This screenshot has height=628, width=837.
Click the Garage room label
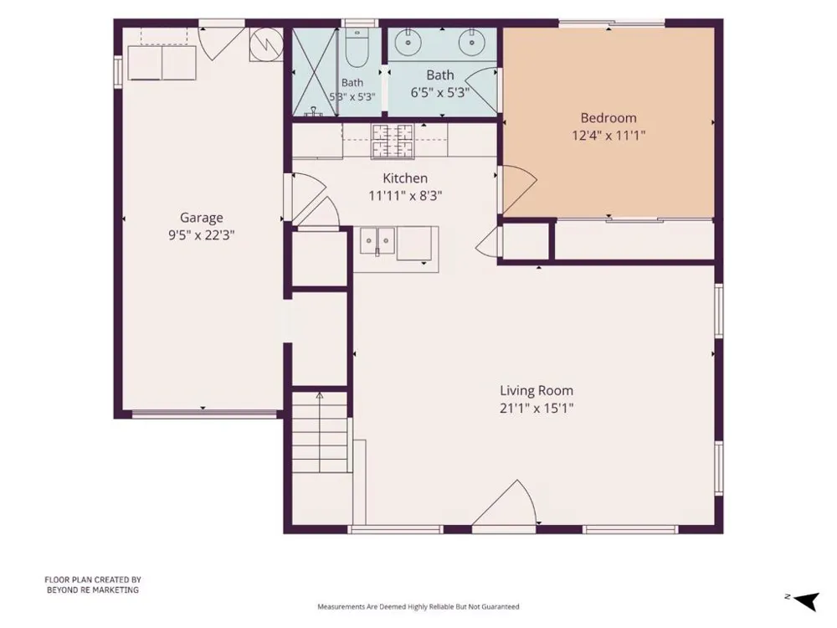pyautogui.click(x=201, y=218)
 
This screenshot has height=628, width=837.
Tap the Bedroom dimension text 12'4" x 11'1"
pyautogui.click(x=608, y=135)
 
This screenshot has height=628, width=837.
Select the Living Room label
pyautogui.click(x=537, y=391)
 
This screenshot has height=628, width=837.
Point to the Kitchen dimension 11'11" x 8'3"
pyautogui.click(x=405, y=196)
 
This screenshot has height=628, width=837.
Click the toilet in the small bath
pyautogui.click(x=356, y=47)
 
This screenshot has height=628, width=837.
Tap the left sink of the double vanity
pyautogui.click(x=408, y=42)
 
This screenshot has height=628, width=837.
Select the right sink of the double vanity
pyautogui.click(x=471, y=42)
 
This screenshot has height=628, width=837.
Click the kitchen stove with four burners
pyautogui.click(x=393, y=142)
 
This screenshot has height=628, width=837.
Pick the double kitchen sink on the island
pyautogui.click(x=377, y=241)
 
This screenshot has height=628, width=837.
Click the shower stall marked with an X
pyautogui.click(x=315, y=71)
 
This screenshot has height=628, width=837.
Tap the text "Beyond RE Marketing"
pyautogui.click(x=93, y=590)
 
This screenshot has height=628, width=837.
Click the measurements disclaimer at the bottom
pyautogui.click(x=418, y=606)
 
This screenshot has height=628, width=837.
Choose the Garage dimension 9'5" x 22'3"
pyautogui.click(x=201, y=235)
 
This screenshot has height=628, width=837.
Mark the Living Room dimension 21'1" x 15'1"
pyautogui.click(x=537, y=409)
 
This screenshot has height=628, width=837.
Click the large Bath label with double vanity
pyautogui.click(x=440, y=75)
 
